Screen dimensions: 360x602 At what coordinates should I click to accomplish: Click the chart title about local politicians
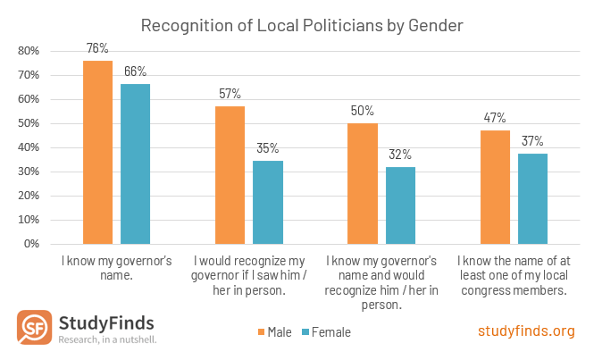(301, 25)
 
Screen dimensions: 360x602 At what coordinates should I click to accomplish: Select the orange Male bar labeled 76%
(97, 152)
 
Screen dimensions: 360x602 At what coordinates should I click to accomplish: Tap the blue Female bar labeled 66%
(135, 163)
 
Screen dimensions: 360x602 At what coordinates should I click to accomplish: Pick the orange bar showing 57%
(230, 175)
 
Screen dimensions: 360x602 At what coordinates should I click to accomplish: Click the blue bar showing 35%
(267, 202)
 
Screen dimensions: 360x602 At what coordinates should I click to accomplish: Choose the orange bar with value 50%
(362, 183)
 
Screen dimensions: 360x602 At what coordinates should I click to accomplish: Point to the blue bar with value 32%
(399, 205)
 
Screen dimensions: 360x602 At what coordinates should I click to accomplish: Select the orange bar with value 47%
(495, 187)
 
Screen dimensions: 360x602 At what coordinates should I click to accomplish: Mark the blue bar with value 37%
(532, 199)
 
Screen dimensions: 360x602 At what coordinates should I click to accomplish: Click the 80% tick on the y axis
(29, 51)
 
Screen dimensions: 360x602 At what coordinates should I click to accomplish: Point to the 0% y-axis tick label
(31, 244)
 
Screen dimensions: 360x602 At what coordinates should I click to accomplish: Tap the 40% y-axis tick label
(29, 147)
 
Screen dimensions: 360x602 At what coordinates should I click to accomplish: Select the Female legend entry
(325, 332)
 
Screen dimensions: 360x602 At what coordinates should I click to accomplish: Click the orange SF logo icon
(34, 328)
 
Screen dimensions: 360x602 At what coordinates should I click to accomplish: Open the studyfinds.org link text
(526, 331)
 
